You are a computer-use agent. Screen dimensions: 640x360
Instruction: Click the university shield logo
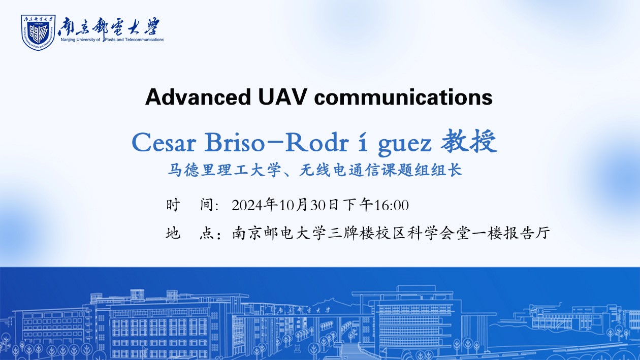tap(38, 32)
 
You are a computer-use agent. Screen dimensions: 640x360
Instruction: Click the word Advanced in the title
tap(198, 97)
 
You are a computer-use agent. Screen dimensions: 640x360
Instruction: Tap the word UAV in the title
tap(282, 97)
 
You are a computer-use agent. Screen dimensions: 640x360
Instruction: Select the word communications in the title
tap(403, 97)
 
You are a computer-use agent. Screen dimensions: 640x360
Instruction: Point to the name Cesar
tap(164, 142)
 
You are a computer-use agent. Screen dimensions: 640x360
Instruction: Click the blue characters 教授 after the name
tap(469, 141)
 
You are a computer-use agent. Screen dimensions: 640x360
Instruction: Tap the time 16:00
tap(392, 205)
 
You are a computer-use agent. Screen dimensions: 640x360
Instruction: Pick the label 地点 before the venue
tap(193, 233)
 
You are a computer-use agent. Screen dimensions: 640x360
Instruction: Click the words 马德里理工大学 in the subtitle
tap(224, 170)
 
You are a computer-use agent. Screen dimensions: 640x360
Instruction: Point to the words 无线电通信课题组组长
tap(380, 170)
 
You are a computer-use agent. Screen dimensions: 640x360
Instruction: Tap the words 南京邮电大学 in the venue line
tap(279, 233)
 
